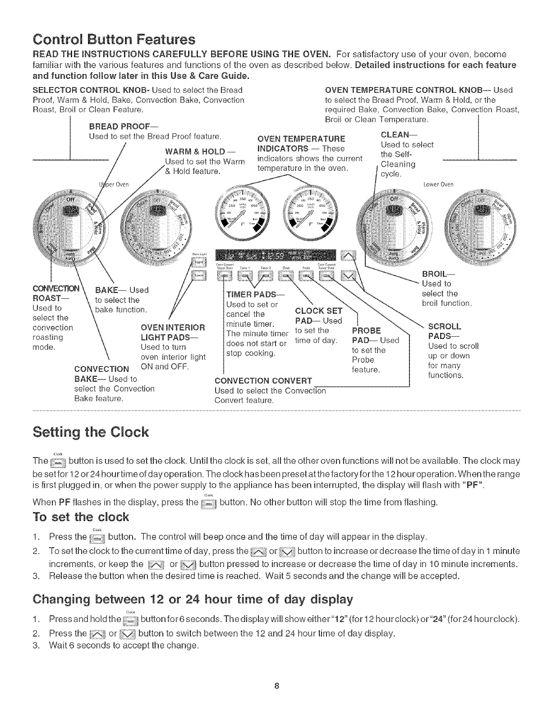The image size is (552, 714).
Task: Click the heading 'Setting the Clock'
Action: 90,432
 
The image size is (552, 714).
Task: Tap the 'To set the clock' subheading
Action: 81,517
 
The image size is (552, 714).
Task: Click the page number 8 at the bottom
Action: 276,686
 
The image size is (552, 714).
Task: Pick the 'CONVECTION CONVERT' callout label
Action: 263,380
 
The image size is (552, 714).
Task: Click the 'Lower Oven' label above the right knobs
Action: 438,184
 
